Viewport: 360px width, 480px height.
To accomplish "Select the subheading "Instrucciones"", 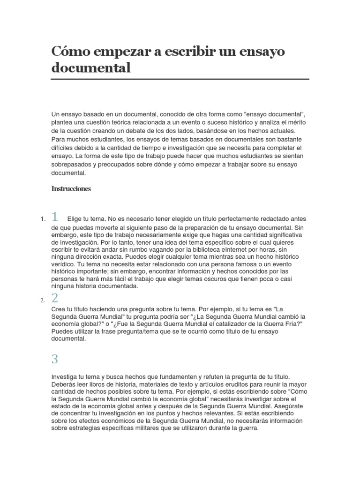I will [x=71, y=189].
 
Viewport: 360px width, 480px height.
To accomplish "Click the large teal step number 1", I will [x=55, y=217].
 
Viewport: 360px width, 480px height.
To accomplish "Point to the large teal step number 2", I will [x=55, y=298].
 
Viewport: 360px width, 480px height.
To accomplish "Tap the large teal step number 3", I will [x=55, y=359].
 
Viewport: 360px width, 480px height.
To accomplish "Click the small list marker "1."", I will [x=43, y=219].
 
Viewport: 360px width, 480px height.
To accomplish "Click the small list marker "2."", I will [x=43, y=300].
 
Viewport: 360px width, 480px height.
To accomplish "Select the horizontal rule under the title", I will [x=180, y=79].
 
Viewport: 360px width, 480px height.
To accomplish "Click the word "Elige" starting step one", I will [x=75, y=219].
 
